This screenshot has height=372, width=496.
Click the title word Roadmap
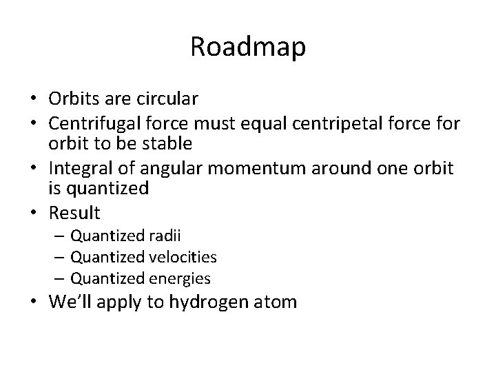(x=248, y=48)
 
